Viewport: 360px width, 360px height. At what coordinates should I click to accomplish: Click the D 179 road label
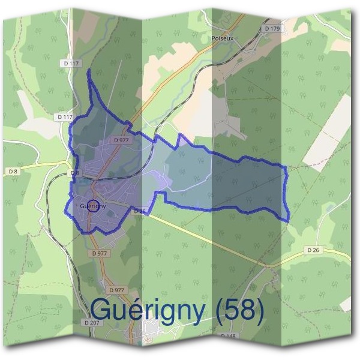coord(272,28)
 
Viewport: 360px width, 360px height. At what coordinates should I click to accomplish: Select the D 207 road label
coord(91,322)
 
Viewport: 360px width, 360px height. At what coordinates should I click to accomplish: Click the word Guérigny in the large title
coord(151,310)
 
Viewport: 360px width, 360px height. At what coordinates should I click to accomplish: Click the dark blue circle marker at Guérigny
coord(92,205)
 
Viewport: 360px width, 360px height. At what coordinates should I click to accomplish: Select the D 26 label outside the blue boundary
coord(313,250)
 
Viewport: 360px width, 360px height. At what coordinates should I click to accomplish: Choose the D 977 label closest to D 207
coord(116,290)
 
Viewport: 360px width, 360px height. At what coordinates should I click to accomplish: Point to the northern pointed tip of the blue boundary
coord(89,71)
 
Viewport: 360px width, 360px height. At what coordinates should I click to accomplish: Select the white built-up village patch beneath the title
coord(153,330)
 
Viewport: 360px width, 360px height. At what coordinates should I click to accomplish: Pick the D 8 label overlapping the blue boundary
coord(74,173)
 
